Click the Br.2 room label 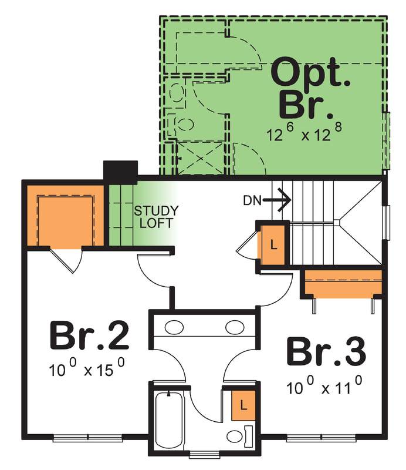[x=89, y=335]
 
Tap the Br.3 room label [x=326, y=351]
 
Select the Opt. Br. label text [x=310, y=89]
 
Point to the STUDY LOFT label [x=156, y=217]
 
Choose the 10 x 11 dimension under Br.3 [x=324, y=386]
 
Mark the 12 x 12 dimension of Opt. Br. [x=304, y=132]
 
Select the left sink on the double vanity [x=174, y=327]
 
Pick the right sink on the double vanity [x=235, y=327]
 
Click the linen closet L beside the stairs [x=273, y=245]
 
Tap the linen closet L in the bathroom [x=243, y=405]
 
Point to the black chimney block [x=120, y=172]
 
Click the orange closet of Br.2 [x=65, y=216]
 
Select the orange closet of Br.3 [x=343, y=283]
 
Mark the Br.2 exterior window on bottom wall [x=88, y=438]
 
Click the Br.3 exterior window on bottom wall [x=322, y=438]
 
